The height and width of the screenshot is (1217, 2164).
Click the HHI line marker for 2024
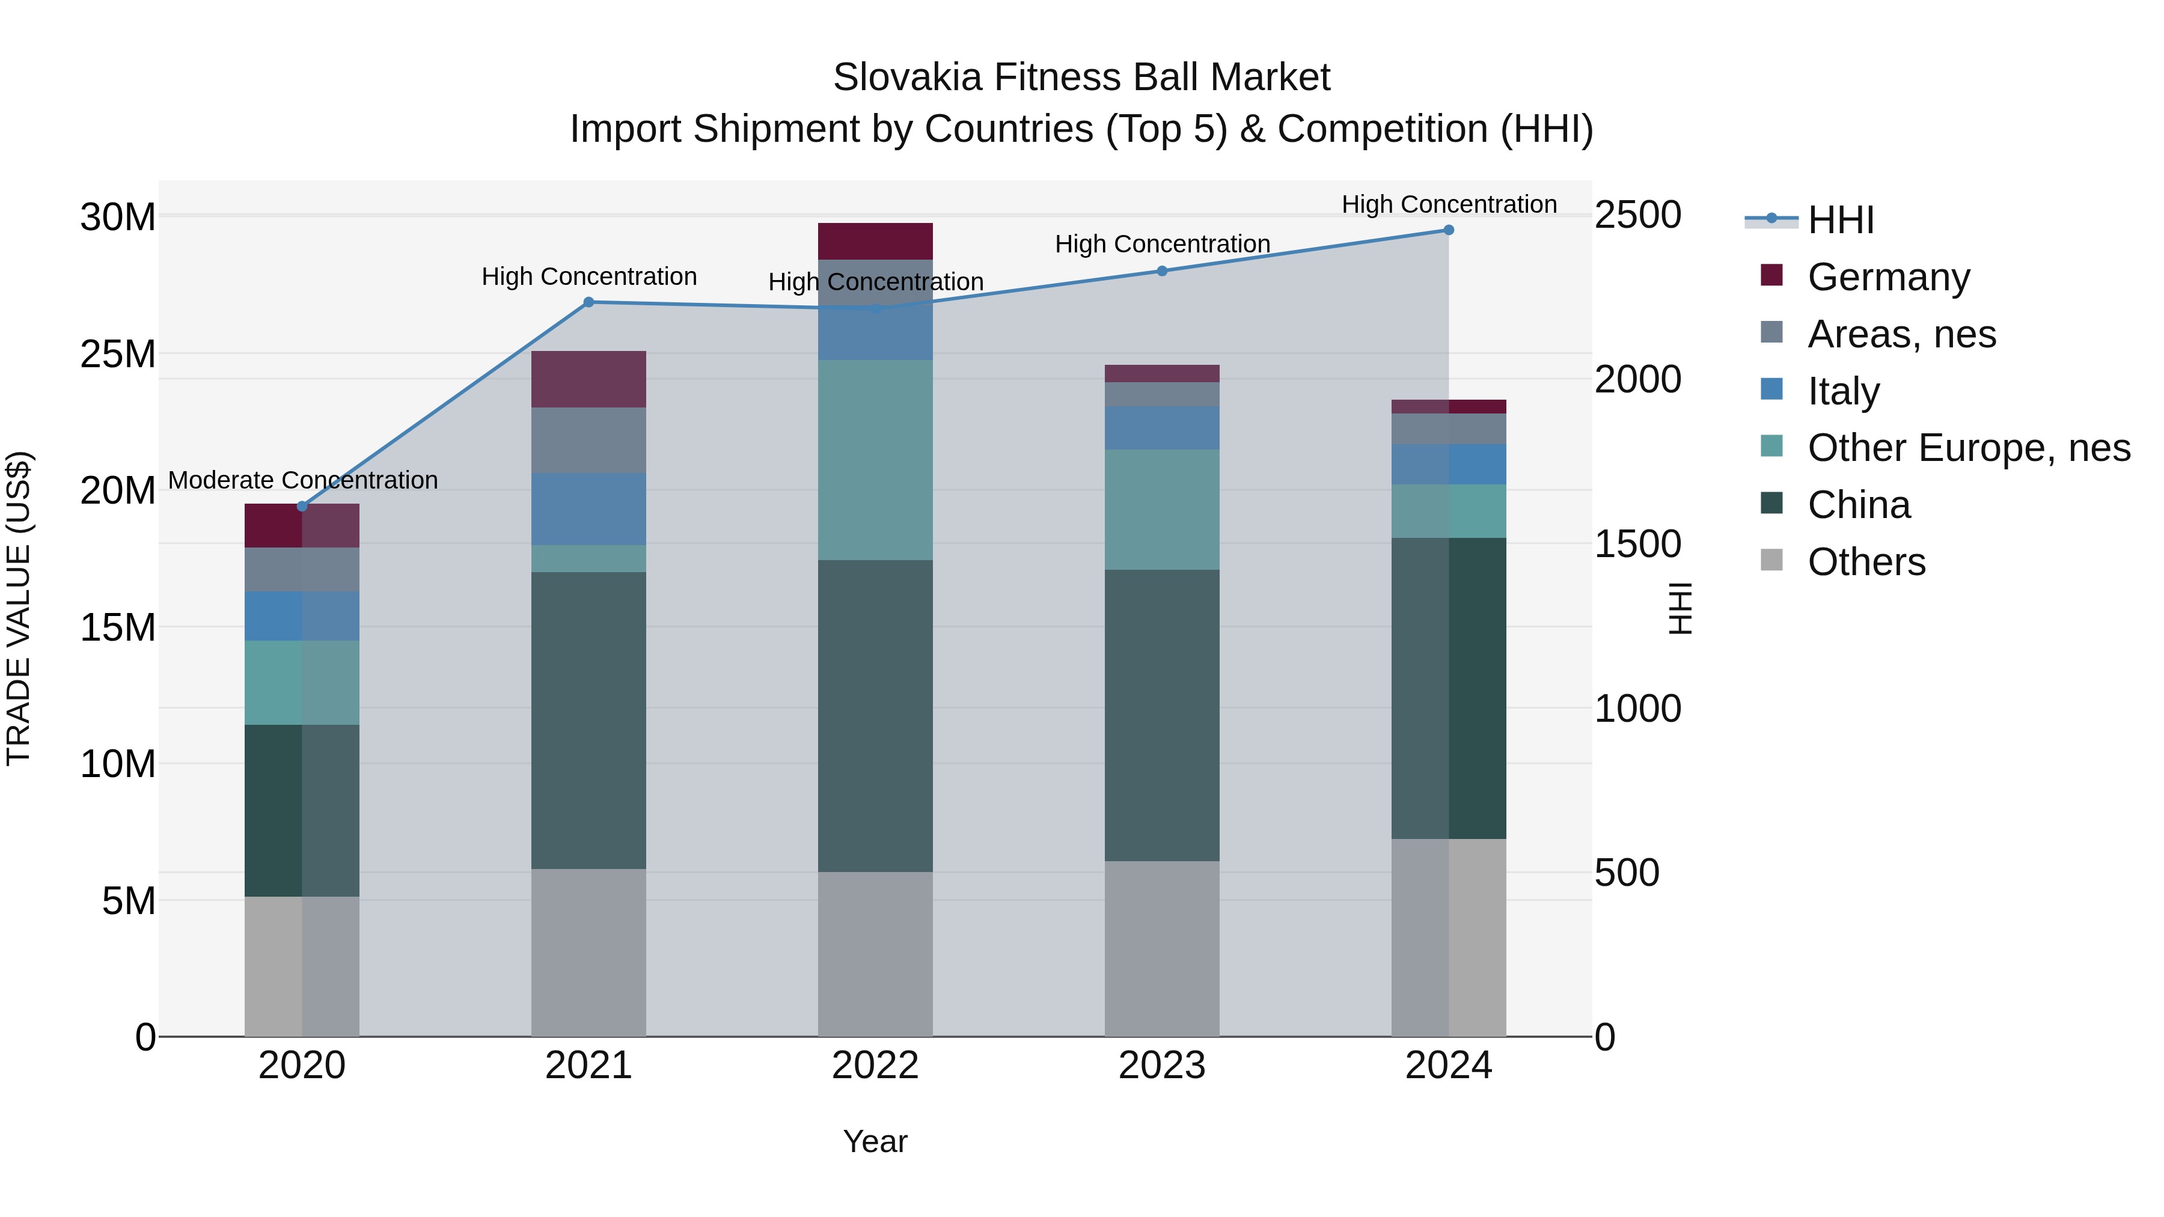pos(1448,230)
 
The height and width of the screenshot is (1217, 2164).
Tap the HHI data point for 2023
pos(1162,271)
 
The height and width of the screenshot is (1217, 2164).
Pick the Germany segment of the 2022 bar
pos(875,241)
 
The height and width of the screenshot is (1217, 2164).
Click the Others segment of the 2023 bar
pos(1162,948)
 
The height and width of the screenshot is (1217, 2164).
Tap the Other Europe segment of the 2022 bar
pos(875,460)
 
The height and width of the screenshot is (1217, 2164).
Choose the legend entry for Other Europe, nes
pos(1968,448)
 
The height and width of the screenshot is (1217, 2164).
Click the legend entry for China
pos(1858,505)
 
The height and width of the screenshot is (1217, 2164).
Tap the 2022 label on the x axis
pos(875,1066)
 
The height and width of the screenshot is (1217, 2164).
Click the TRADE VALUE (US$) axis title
pos(19,608)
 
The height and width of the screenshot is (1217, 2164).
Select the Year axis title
pos(875,1141)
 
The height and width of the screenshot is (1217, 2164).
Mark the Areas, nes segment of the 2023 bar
pos(1162,395)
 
